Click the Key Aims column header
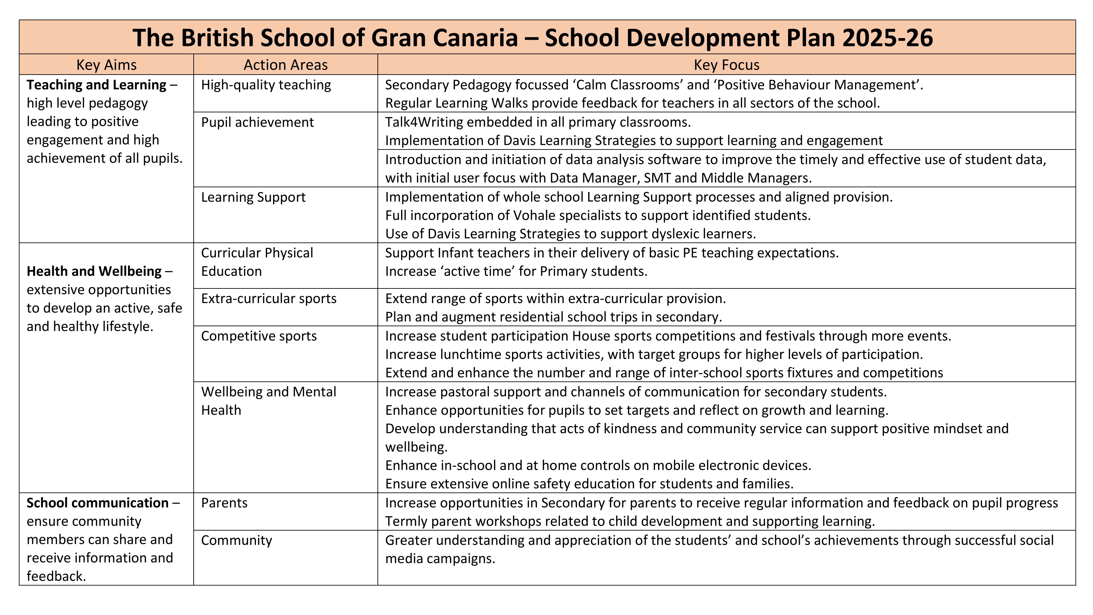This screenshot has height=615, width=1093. point(106,65)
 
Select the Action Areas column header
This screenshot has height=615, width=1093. point(286,65)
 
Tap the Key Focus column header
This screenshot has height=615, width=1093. point(726,65)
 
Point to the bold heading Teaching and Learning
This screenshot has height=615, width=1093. point(96,85)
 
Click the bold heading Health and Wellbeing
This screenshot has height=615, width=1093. point(94,271)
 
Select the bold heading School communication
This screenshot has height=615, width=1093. point(97,503)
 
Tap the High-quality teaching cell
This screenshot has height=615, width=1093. point(266,85)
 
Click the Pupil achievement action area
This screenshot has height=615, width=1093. point(257,122)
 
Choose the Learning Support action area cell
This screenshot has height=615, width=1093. point(253,197)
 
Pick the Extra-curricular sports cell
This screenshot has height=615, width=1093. point(268,299)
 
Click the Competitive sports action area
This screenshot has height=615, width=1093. point(259,336)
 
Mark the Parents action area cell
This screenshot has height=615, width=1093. point(224,503)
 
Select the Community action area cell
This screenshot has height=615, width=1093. point(236,540)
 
